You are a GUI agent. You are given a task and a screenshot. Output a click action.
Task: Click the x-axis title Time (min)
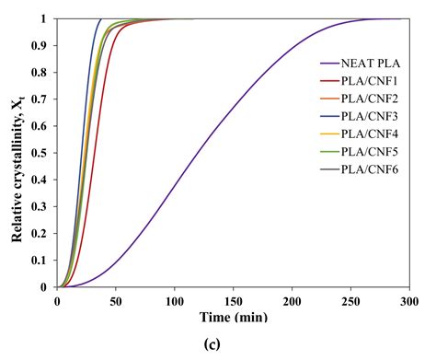[234, 318]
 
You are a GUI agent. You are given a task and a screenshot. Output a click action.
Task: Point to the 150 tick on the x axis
[234, 300]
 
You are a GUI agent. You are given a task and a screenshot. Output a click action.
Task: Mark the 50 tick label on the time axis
[116, 300]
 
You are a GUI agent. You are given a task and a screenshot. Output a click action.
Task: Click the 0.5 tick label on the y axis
[44, 153]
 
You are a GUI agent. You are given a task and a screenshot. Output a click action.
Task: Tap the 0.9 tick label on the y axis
[44, 45]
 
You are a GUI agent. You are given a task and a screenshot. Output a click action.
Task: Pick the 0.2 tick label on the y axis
[44, 234]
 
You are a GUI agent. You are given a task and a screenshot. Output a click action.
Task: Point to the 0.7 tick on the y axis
[44, 99]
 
